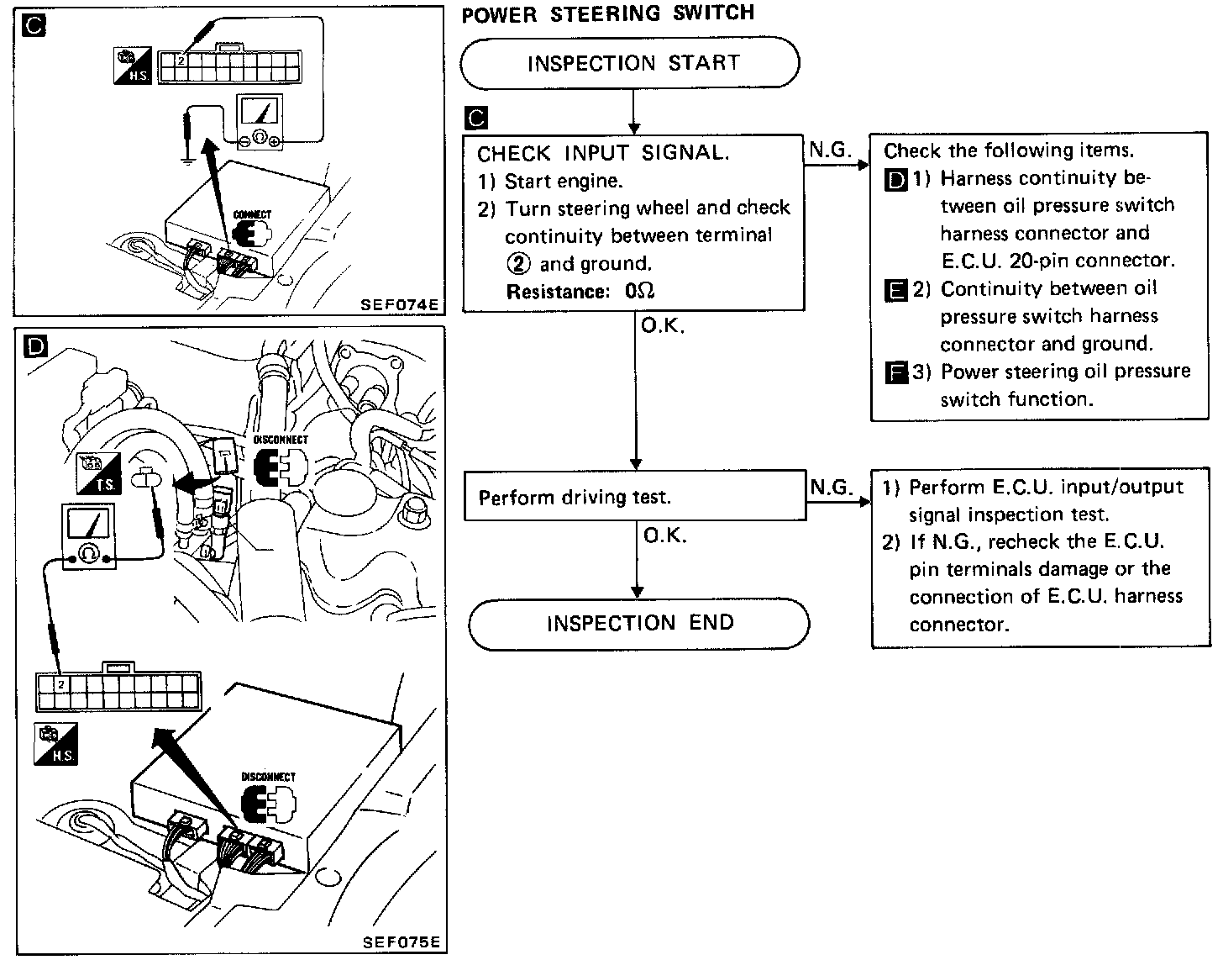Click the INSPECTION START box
tap(630, 63)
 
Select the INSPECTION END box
tap(638, 624)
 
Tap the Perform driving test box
tap(635, 497)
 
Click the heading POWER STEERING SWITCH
tap(608, 13)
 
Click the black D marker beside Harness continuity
tap(896, 180)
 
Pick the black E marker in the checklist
tap(896, 291)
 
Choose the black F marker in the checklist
tap(896, 372)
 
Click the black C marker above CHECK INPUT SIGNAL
tap(475, 119)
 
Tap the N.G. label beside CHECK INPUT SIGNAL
tap(829, 150)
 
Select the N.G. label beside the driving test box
tap(831, 487)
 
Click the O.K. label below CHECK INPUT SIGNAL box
tap(663, 326)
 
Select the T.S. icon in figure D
tap(98, 473)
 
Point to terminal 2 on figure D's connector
tap(60, 684)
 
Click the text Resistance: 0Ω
tap(580, 292)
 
